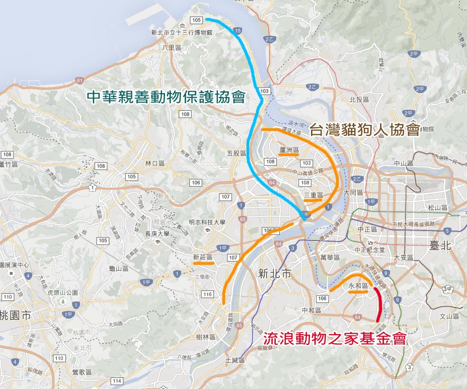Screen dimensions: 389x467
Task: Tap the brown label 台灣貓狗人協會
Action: tap(364, 130)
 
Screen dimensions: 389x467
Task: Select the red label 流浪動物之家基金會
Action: tap(335, 339)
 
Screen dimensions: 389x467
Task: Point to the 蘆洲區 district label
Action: tap(289, 150)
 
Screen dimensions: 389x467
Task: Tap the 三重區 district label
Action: tap(313, 195)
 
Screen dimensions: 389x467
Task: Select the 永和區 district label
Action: tap(358, 285)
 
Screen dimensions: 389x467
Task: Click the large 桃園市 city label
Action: tap(15, 316)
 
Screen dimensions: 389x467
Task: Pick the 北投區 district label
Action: tap(359, 99)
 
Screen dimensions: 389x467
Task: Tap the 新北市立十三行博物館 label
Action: tap(182, 33)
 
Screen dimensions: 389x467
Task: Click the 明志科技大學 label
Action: tap(207, 222)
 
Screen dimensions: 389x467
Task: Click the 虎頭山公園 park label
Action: tap(62, 293)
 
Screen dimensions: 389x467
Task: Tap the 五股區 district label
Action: tap(237, 153)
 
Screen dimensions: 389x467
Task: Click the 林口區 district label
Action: tap(155, 164)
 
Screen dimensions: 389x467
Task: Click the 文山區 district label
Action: tap(450, 317)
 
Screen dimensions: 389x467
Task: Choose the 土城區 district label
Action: tap(235, 360)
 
